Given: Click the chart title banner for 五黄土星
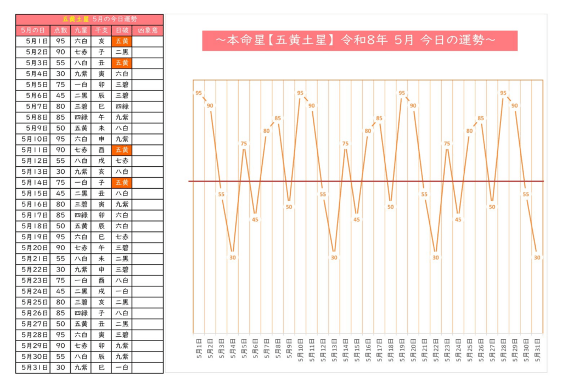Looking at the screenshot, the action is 359,41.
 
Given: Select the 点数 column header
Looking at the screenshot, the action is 60,30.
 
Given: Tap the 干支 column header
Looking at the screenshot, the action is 101,30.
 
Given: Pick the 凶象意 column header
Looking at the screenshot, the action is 148,30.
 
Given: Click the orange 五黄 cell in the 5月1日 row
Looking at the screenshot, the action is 121,41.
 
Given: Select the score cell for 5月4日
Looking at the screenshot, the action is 60,74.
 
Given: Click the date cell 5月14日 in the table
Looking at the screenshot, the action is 32,183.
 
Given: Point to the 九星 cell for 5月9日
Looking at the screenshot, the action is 81,128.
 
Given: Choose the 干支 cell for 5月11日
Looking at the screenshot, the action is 101,150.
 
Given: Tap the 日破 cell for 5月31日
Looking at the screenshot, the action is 121,368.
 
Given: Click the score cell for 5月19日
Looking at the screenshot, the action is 60,237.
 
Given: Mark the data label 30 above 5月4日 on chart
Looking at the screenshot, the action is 233,257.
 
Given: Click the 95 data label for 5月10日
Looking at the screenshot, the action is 300,93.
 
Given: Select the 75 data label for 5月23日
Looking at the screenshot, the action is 447,144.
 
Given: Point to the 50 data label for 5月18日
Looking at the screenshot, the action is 390,207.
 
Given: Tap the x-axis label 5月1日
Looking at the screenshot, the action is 199,348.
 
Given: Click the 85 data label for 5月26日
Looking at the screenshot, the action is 481,118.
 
